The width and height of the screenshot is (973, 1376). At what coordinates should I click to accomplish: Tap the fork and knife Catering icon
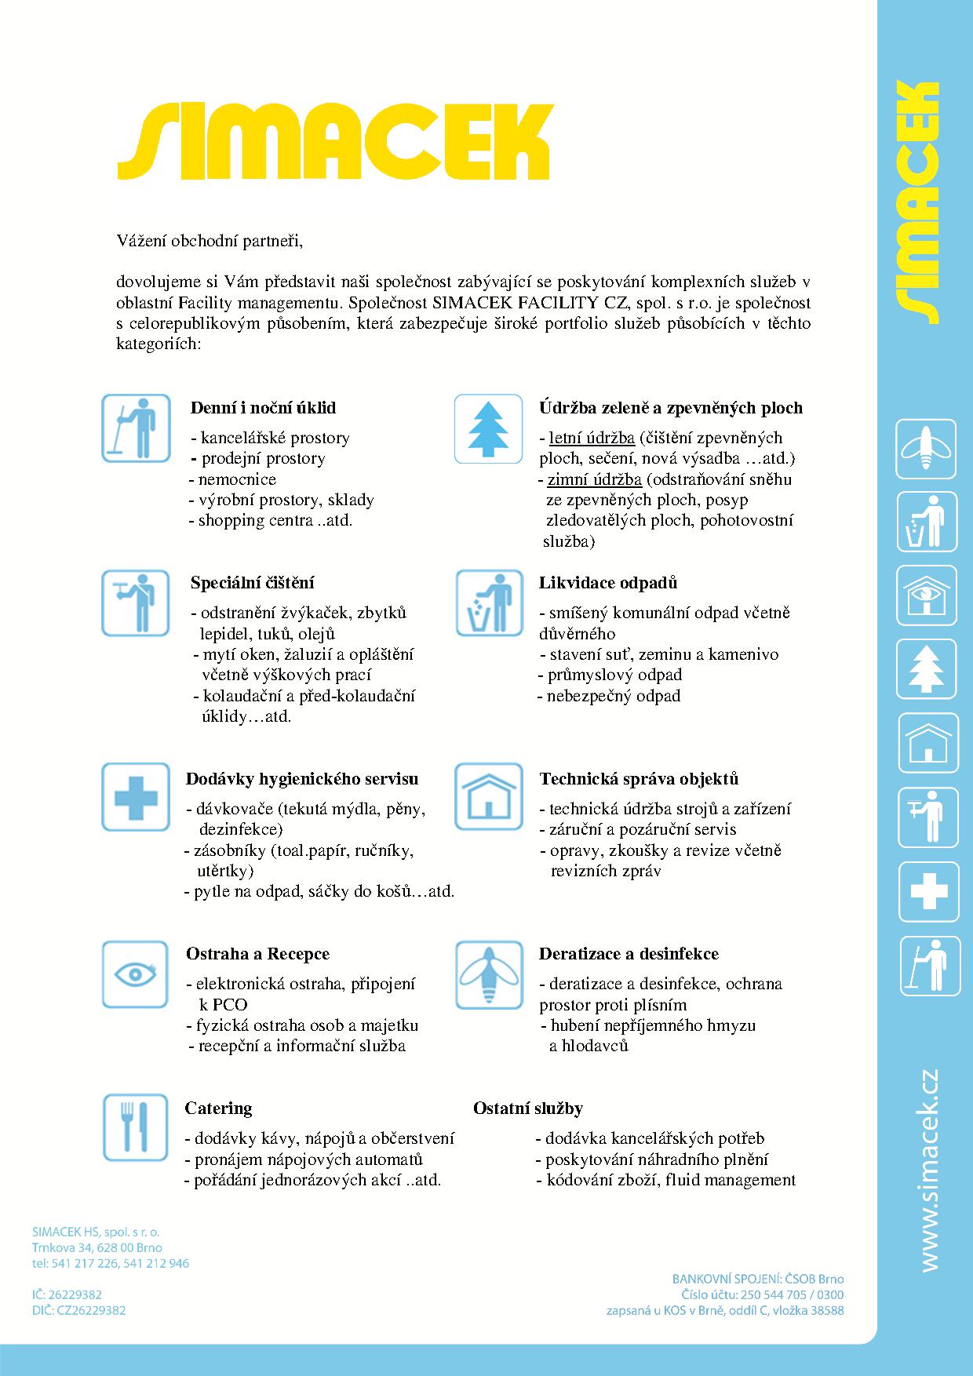tap(135, 1127)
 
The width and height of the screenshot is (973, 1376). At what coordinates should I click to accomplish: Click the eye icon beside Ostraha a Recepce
tap(135, 974)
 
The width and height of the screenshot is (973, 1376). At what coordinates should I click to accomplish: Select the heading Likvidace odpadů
tap(607, 583)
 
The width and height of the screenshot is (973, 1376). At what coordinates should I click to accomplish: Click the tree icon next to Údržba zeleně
tap(488, 429)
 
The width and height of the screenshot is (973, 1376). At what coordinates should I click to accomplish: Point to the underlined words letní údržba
tap(591, 438)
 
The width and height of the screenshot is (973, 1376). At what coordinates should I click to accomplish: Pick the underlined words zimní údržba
tap(594, 479)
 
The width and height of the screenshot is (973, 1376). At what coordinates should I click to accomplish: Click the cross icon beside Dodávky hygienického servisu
tap(135, 797)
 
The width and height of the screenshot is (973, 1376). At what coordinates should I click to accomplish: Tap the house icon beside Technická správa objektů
tap(488, 797)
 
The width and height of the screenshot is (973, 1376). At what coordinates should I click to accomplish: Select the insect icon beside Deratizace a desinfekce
tap(488, 974)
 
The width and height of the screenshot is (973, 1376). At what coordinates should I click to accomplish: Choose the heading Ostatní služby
tap(527, 1108)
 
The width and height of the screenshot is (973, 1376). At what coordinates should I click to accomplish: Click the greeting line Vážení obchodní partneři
tap(210, 240)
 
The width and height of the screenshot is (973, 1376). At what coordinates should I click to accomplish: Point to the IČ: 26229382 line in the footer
tap(67, 1294)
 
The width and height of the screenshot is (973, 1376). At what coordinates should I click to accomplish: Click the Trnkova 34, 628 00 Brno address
tap(97, 1247)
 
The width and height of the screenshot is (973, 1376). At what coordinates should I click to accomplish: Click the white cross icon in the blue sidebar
tap(928, 891)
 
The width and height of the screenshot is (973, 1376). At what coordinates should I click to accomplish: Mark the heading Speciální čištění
tap(252, 583)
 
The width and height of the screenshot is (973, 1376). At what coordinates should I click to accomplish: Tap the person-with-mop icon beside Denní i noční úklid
tap(135, 429)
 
